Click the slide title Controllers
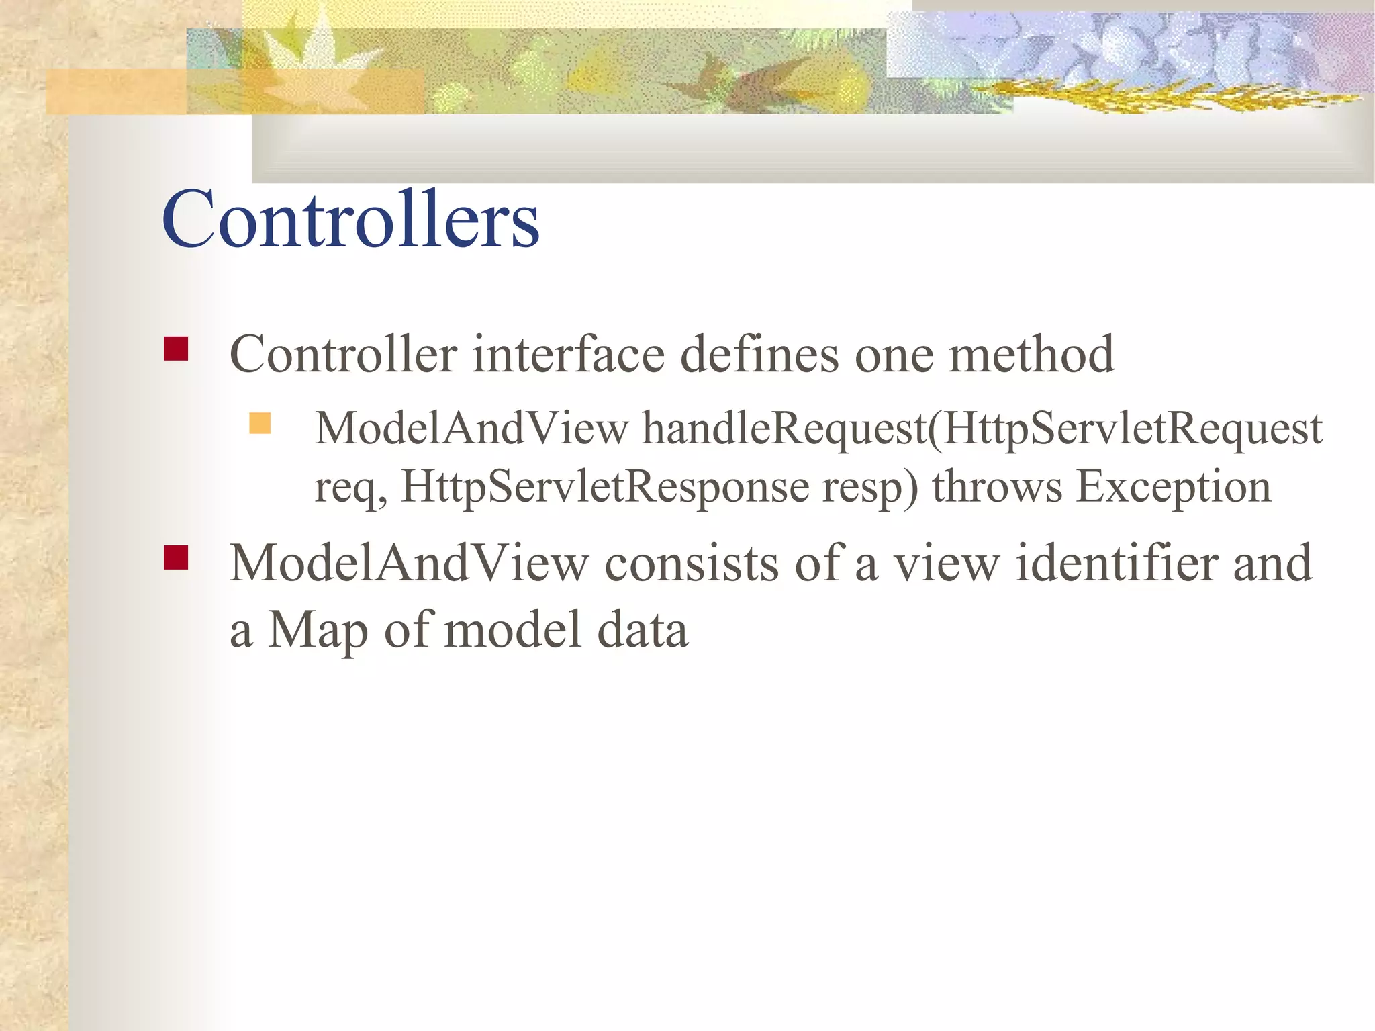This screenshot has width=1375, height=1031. point(350,220)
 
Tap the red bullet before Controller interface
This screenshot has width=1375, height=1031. point(176,349)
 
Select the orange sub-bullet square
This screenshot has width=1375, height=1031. point(260,423)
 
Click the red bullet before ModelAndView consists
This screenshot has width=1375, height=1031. point(176,557)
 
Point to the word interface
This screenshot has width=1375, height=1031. point(568,354)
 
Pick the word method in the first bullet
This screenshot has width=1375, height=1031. point(1031,354)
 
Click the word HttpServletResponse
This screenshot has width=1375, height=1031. point(605,487)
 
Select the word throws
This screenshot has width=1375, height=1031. point(997,487)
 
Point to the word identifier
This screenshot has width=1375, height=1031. point(1117,563)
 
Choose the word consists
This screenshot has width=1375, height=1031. point(692,563)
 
